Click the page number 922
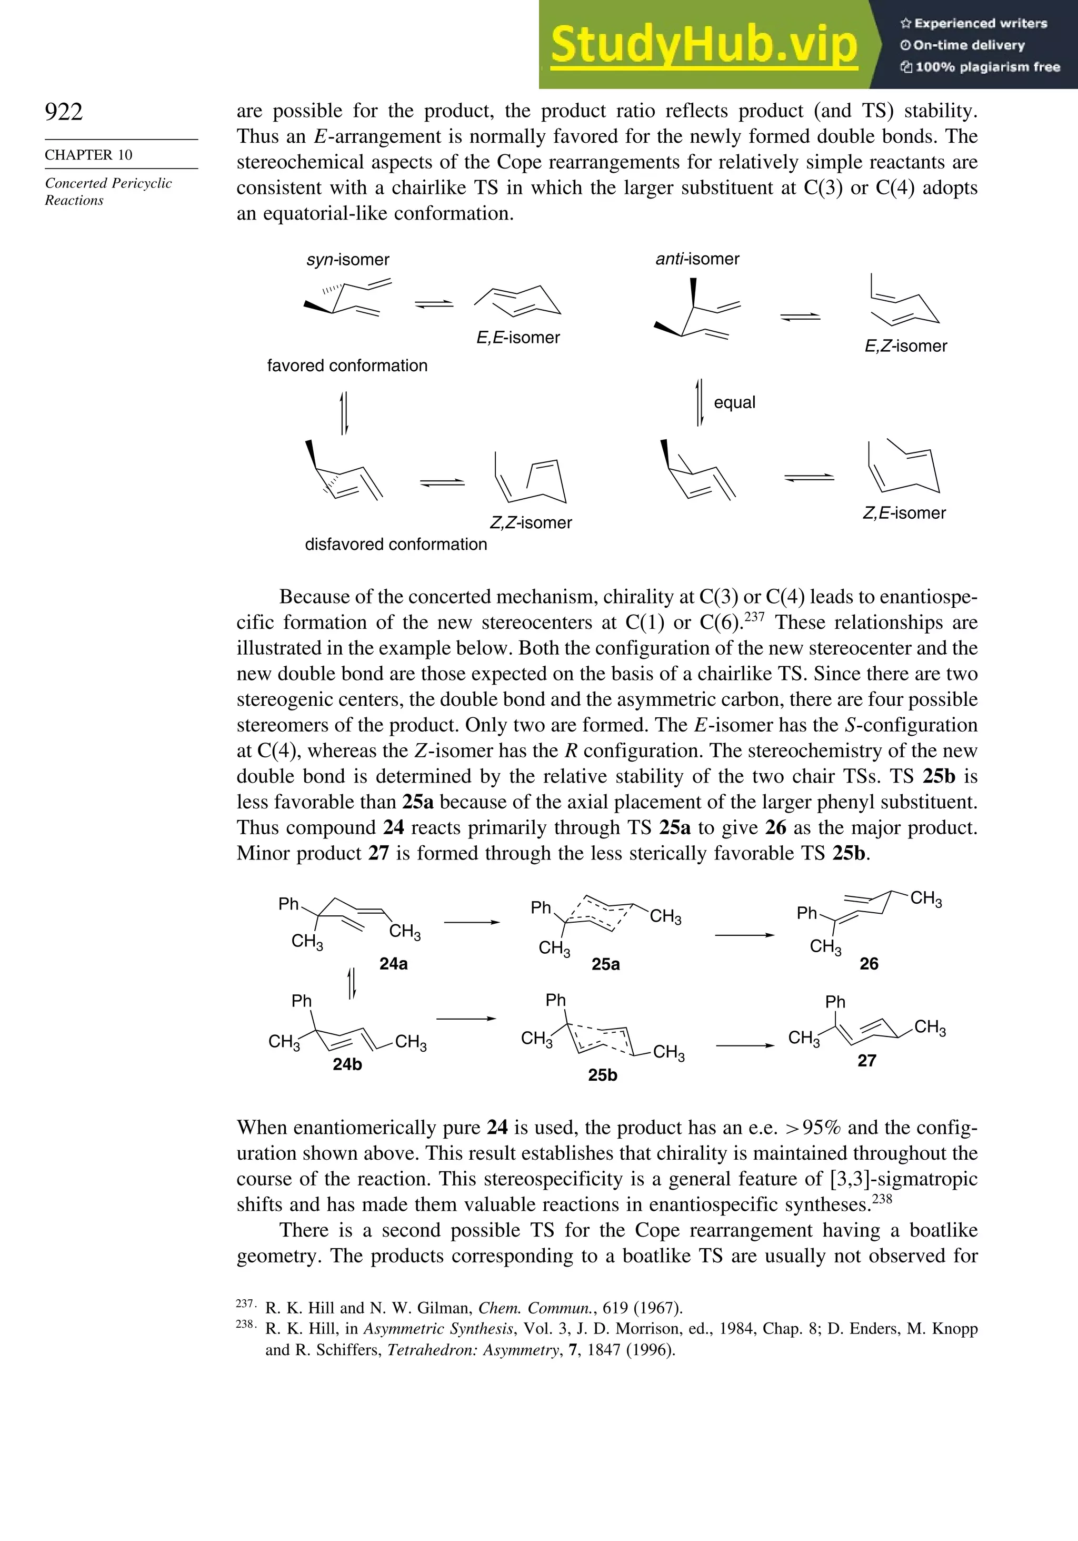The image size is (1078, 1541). click(64, 112)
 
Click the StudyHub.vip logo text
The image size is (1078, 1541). click(704, 44)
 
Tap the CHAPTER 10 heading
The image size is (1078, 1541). click(88, 155)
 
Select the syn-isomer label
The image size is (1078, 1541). click(347, 260)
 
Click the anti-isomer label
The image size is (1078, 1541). click(697, 259)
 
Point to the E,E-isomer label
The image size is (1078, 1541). click(518, 338)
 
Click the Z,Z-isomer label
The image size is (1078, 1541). click(531, 523)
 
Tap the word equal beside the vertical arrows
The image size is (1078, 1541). click(734, 403)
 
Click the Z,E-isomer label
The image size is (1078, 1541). click(904, 513)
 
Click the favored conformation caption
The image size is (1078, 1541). click(347, 366)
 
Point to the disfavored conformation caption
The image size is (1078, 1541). click(396, 545)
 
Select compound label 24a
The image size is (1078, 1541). click(393, 964)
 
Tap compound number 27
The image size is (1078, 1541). click(867, 1061)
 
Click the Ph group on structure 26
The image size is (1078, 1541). click(806, 913)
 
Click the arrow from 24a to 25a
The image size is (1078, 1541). click(472, 922)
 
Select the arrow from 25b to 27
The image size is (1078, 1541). click(745, 1045)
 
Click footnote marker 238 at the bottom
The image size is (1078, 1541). click(244, 1324)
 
